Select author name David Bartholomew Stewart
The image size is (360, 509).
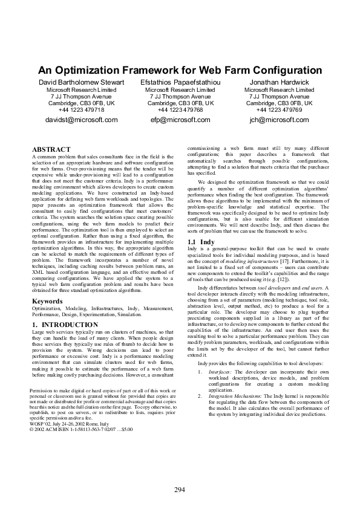coord(81,82)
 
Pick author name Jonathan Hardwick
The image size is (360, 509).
coord(279,82)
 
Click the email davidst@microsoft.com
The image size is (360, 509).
coord(81,120)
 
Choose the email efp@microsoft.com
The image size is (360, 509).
coord(180,120)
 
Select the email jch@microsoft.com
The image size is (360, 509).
coord(279,120)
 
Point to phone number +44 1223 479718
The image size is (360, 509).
coord(81,109)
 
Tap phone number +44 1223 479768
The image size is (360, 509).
coord(180,109)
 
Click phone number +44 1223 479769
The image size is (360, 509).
coord(279,109)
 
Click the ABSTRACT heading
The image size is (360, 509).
coord(51,149)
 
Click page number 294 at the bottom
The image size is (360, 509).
coord(180,488)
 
